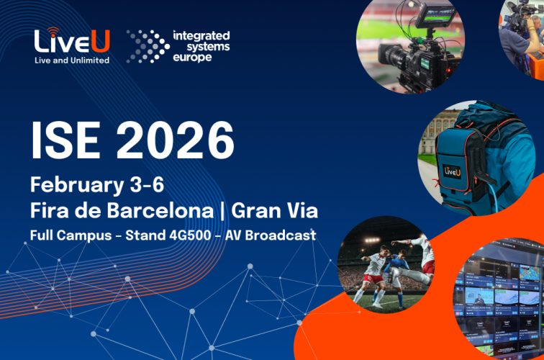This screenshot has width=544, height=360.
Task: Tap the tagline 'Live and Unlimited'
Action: coord(72,60)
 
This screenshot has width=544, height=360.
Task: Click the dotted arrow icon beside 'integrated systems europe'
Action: coord(147,45)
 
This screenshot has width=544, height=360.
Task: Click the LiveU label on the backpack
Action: coord(452,171)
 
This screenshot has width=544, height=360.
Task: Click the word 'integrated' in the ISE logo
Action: coord(201,35)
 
